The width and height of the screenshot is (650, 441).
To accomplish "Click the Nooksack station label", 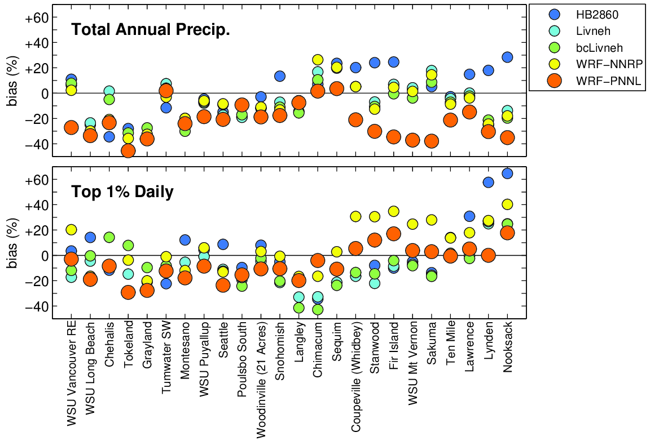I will pyautogui.click(x=508, y=349).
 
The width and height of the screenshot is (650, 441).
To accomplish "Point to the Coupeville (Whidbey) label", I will pyautogui.click(x=355, y=377).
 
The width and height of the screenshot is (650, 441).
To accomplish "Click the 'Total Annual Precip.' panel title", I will pyautogui.click(x=150, y=30).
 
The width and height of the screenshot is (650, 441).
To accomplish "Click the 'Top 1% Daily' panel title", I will pyautogui.click(x=122, y=192).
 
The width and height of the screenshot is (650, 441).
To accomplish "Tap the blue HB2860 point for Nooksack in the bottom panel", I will pyautogui.click(x=507, y=173).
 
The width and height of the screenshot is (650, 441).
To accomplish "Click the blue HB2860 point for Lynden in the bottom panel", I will pyautogui.click(x=488, y=182).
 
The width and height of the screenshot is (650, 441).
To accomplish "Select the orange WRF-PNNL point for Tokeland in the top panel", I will pyautogui.click(x=128, y=150).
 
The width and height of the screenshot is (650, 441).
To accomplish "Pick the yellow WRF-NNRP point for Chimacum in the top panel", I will pyautogui.click(x=318, y=60).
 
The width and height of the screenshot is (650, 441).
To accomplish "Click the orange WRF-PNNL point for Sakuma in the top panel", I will pyautogui.click(x=432, y=141).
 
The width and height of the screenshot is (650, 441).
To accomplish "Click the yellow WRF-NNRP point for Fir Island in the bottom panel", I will pyautogui.click(x=394, y=211).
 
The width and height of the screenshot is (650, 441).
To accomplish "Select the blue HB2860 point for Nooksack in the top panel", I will pyautogui.click(x=507, y=57).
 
